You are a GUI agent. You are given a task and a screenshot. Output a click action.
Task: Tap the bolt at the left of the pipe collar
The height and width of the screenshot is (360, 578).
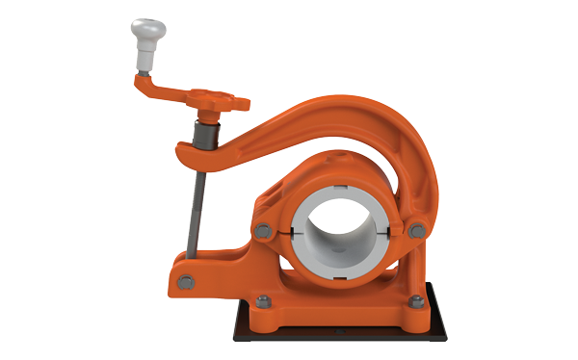point(263,229)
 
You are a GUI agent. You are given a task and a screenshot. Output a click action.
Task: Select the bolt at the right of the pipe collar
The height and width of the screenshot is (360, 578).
point(415,229)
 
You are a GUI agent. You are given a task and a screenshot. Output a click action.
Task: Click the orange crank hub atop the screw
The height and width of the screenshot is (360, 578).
point(214,100)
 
